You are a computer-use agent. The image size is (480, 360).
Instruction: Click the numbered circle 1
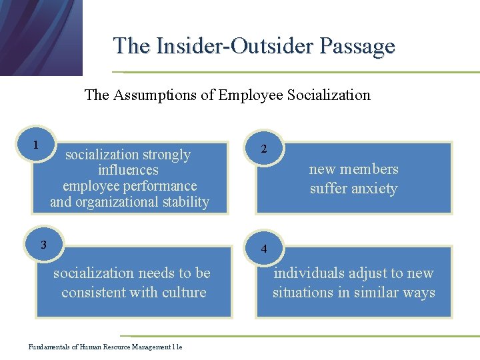pos(35,145)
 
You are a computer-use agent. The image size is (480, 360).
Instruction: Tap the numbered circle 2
pos(264,149)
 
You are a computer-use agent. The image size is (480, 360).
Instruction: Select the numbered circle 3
pos(43,244)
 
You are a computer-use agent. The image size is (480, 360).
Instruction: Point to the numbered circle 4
pos(264,249)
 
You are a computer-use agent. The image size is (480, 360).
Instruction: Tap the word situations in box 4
pos(304,292)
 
